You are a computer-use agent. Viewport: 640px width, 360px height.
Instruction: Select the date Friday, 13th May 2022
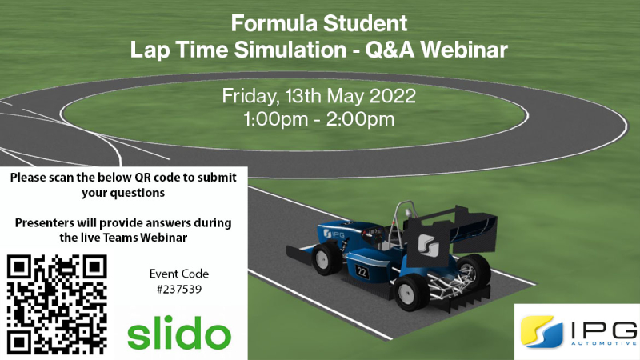[319, 96]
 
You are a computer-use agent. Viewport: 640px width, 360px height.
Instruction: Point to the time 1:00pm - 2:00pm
[319, 121]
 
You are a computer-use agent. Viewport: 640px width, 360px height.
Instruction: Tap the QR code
[57, 304]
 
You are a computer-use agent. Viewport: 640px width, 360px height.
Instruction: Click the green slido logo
[180, 331]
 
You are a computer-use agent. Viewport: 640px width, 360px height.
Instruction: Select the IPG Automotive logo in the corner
[576, 330]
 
